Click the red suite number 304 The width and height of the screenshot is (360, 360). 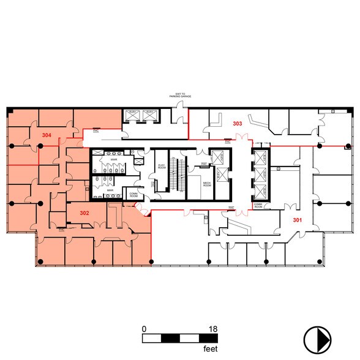(x=46, y=134)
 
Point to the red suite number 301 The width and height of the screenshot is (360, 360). (x=298, y=220)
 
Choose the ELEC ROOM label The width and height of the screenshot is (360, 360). (x=162, y=166)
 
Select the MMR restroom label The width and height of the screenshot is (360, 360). (x=110, y=190)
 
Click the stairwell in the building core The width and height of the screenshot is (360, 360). (x=178, y=174)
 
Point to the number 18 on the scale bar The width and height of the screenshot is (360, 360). (x=213, y=329)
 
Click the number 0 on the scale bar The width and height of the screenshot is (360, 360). (x=144, y=329)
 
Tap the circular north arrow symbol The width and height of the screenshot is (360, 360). (x=318, y=338)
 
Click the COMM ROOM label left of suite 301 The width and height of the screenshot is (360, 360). (x=258, y=206)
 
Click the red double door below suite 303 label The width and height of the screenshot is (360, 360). (x=238, y=140)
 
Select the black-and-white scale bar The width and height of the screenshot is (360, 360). (x=178, y=337)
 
